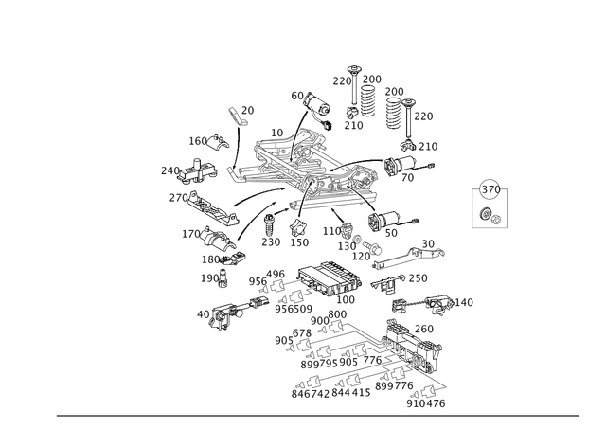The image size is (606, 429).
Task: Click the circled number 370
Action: (x=490, y=189)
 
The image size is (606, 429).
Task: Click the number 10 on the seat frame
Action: (x=277, y=133)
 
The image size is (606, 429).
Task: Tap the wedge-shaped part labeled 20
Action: (x=238, y=116)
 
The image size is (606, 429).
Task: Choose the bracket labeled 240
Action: (x=198, y=170)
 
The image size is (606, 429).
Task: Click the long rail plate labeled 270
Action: (x=212, y=208)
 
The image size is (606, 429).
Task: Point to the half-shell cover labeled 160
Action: (x=219, y=141)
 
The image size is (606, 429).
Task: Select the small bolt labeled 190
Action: (x=223, y=278)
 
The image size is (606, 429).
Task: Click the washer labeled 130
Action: (x=357, y=238)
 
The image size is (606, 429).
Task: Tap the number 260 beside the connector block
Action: (x=424, y=329)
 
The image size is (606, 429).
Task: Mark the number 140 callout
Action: (x=464, y=302)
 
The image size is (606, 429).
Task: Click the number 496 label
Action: (x=276, y=275)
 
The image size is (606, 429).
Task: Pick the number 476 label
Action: (x=437, y=403)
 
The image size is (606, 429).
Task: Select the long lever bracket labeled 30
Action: (x=409, y=257)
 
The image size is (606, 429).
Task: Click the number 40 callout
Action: (x=204, y=314)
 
